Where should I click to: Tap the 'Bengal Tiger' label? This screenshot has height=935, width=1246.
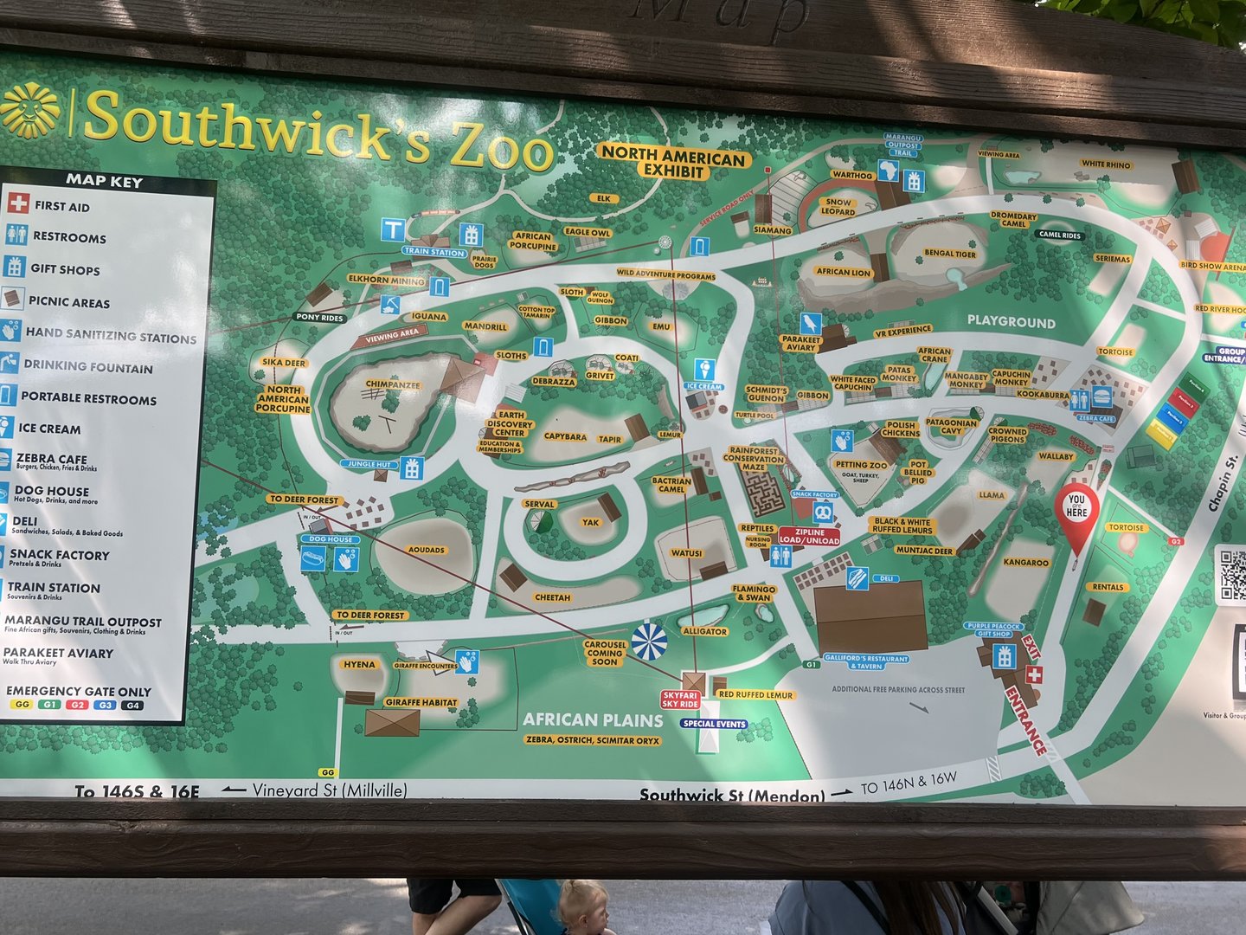pyautogui.click(x=950, y=254)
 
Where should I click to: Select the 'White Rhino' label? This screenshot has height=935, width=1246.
pyautogui.click(x=1105, y=164)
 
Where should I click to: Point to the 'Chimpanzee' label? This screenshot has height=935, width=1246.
pyautogui.click(x=393, y=384)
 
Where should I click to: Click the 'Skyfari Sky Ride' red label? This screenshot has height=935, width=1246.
pyautogui.click(x=680, y=700)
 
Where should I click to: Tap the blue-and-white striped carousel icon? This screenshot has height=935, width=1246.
pyautogui.click(x=649, y=642)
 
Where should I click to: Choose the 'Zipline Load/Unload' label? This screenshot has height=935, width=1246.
pyautogui.click(x=809, y=536)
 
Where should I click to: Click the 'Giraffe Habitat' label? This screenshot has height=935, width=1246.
pyautogui.click(x=421, y=702)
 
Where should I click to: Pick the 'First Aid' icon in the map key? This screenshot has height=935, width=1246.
pyautogui.click(x=17, y=204)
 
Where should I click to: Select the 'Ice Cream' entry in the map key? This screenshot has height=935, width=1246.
pyautogui.click(x=49, y=429)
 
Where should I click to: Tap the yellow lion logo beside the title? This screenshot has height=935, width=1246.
pyautogui.click(x=29, y=110)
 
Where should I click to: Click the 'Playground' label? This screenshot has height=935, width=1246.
pyautogui.click(x=1011, y=322)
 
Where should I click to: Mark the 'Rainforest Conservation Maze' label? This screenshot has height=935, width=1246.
pyautogui.click(x=754, y=459)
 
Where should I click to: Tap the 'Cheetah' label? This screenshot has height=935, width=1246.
pyautogui.click(x=552, y=597)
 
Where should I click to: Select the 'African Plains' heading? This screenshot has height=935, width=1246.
pyautogui.click(x=593, y=719)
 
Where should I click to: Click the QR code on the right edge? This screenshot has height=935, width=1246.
pyautogui.click(x=1232, y=573)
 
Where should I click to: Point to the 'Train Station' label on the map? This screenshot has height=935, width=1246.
pyautogui.click(x=434, y=252)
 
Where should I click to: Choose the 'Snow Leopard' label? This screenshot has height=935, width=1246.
pyautogui.click(x=838, y=206)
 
